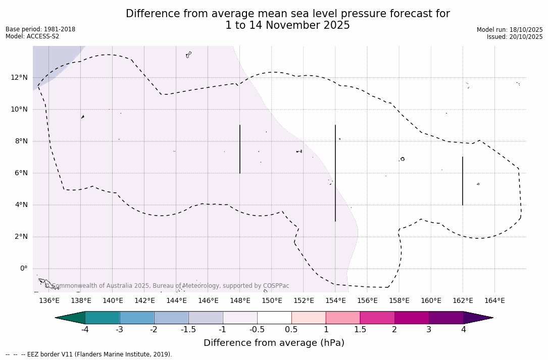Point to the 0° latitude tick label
(x=23, y=269)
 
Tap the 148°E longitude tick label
(x=240, y=301)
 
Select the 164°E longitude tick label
(x=494, y=301)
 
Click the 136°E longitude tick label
(x=49, y=301)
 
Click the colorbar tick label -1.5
(x=188, y=330)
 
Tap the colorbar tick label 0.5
(x=291, y=330)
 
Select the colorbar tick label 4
(x=463, y=330)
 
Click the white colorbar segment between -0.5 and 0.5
(x=274, y=318)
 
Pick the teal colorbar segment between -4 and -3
(x=103, y=318)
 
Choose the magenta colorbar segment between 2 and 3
(x=412, y=318)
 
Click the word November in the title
(x=287, y=25)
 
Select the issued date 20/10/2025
(x=526, y=37)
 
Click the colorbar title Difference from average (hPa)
(x=274, y=343)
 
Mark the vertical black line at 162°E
(x=463, y=181)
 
